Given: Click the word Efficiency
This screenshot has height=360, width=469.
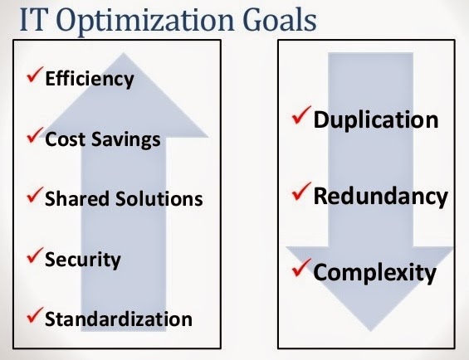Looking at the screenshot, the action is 90,79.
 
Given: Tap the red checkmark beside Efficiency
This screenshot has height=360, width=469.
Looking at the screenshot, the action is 35,75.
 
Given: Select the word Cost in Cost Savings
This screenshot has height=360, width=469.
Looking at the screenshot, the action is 66,139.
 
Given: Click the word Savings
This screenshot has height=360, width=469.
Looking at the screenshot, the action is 126,140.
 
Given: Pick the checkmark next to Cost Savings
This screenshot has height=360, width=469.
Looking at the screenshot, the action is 35,135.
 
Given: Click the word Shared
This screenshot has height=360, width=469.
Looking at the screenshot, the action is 77,198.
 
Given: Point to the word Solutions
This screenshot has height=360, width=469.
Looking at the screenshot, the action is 159,198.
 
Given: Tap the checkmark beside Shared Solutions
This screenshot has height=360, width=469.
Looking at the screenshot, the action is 35,195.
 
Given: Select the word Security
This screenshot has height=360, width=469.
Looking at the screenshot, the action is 83,260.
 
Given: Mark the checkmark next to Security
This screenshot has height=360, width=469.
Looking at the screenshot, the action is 35,255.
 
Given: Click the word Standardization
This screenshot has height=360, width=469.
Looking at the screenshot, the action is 119,319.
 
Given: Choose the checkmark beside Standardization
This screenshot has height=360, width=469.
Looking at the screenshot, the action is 35,315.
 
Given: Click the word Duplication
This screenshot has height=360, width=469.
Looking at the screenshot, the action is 376,120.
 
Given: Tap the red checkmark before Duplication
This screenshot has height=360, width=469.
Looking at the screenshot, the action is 301,115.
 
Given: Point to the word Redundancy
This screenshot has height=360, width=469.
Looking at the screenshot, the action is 380,197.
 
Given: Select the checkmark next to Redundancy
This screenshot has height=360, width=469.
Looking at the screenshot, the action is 301,192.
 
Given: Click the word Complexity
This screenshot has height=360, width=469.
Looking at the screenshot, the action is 374,273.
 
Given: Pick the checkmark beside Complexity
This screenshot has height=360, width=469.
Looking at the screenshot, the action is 301,268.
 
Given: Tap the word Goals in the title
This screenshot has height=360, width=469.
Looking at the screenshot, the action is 280,20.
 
